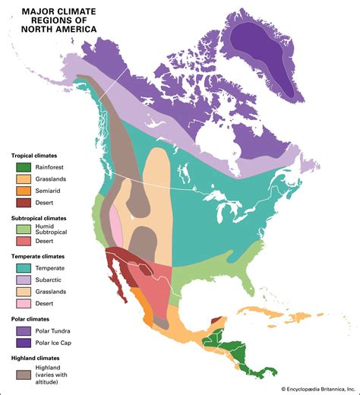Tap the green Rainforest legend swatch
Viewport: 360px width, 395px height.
coord(22,167)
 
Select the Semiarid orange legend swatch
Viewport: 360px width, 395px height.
coord(22,191)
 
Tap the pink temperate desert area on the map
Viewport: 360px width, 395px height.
coord(115,223)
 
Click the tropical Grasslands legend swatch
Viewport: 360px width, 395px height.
coord(22,179)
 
